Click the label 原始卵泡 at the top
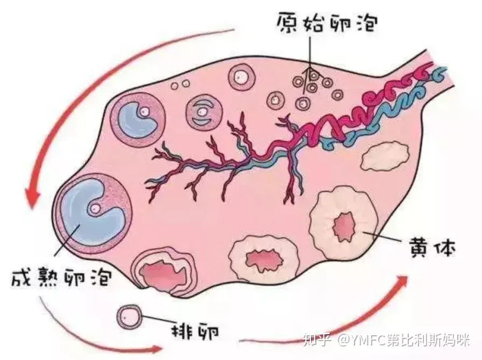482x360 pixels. pos(327,22)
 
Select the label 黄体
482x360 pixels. pos(431,246)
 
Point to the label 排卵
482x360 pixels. pos(195,331)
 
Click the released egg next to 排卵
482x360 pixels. pos(130,317)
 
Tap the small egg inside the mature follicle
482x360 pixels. pos(95,208)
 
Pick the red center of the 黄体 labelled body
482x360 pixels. pos(344,227)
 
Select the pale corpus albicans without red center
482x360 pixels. pos(386,156)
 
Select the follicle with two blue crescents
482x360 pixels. pos(203,112)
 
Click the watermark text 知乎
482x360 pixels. pos(317,340)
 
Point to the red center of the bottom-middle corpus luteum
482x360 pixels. pos(264,260)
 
